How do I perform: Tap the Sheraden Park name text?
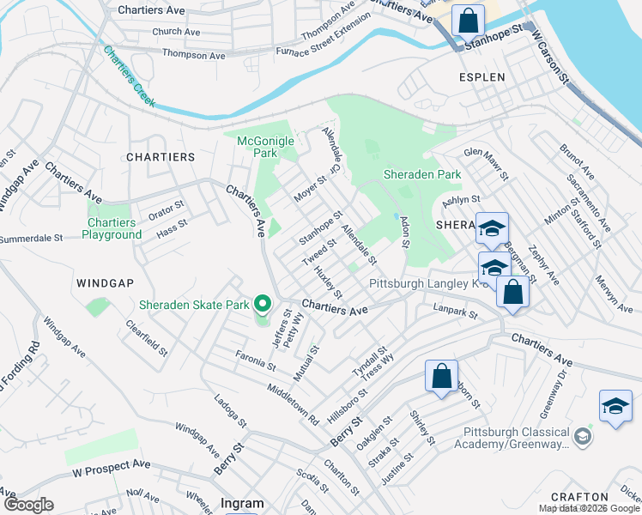(x=421, y=174)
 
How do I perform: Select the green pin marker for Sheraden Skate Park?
(x=263, y=305)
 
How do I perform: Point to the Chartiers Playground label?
(x=112, y=229)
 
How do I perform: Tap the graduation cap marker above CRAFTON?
(x=615, y=406)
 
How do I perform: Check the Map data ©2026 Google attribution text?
(x=590, y=508)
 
